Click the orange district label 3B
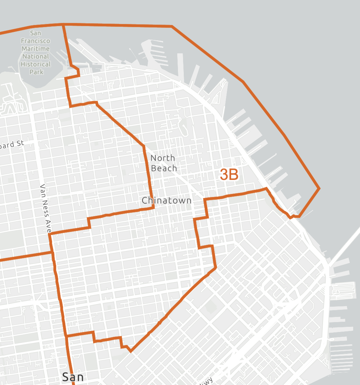point(229,175)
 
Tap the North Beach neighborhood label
point(164,163)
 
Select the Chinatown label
point(167,200)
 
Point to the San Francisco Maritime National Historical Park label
point(36,52)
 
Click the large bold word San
point(73,377)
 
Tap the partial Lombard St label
point(12,145)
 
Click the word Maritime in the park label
point(36,49)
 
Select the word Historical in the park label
point(36,64)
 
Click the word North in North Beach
point(163,158)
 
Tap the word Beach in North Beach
point(164,168)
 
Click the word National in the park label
point(36,56)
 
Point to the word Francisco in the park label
point(36,41)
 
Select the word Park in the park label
point(36,72)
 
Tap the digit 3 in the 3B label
point(224,175)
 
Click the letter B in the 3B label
point(234,175)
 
